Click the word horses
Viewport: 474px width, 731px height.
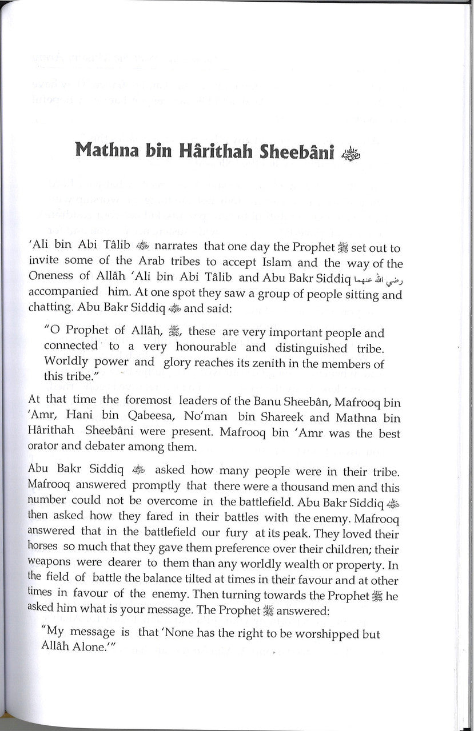tap(42, 549)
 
